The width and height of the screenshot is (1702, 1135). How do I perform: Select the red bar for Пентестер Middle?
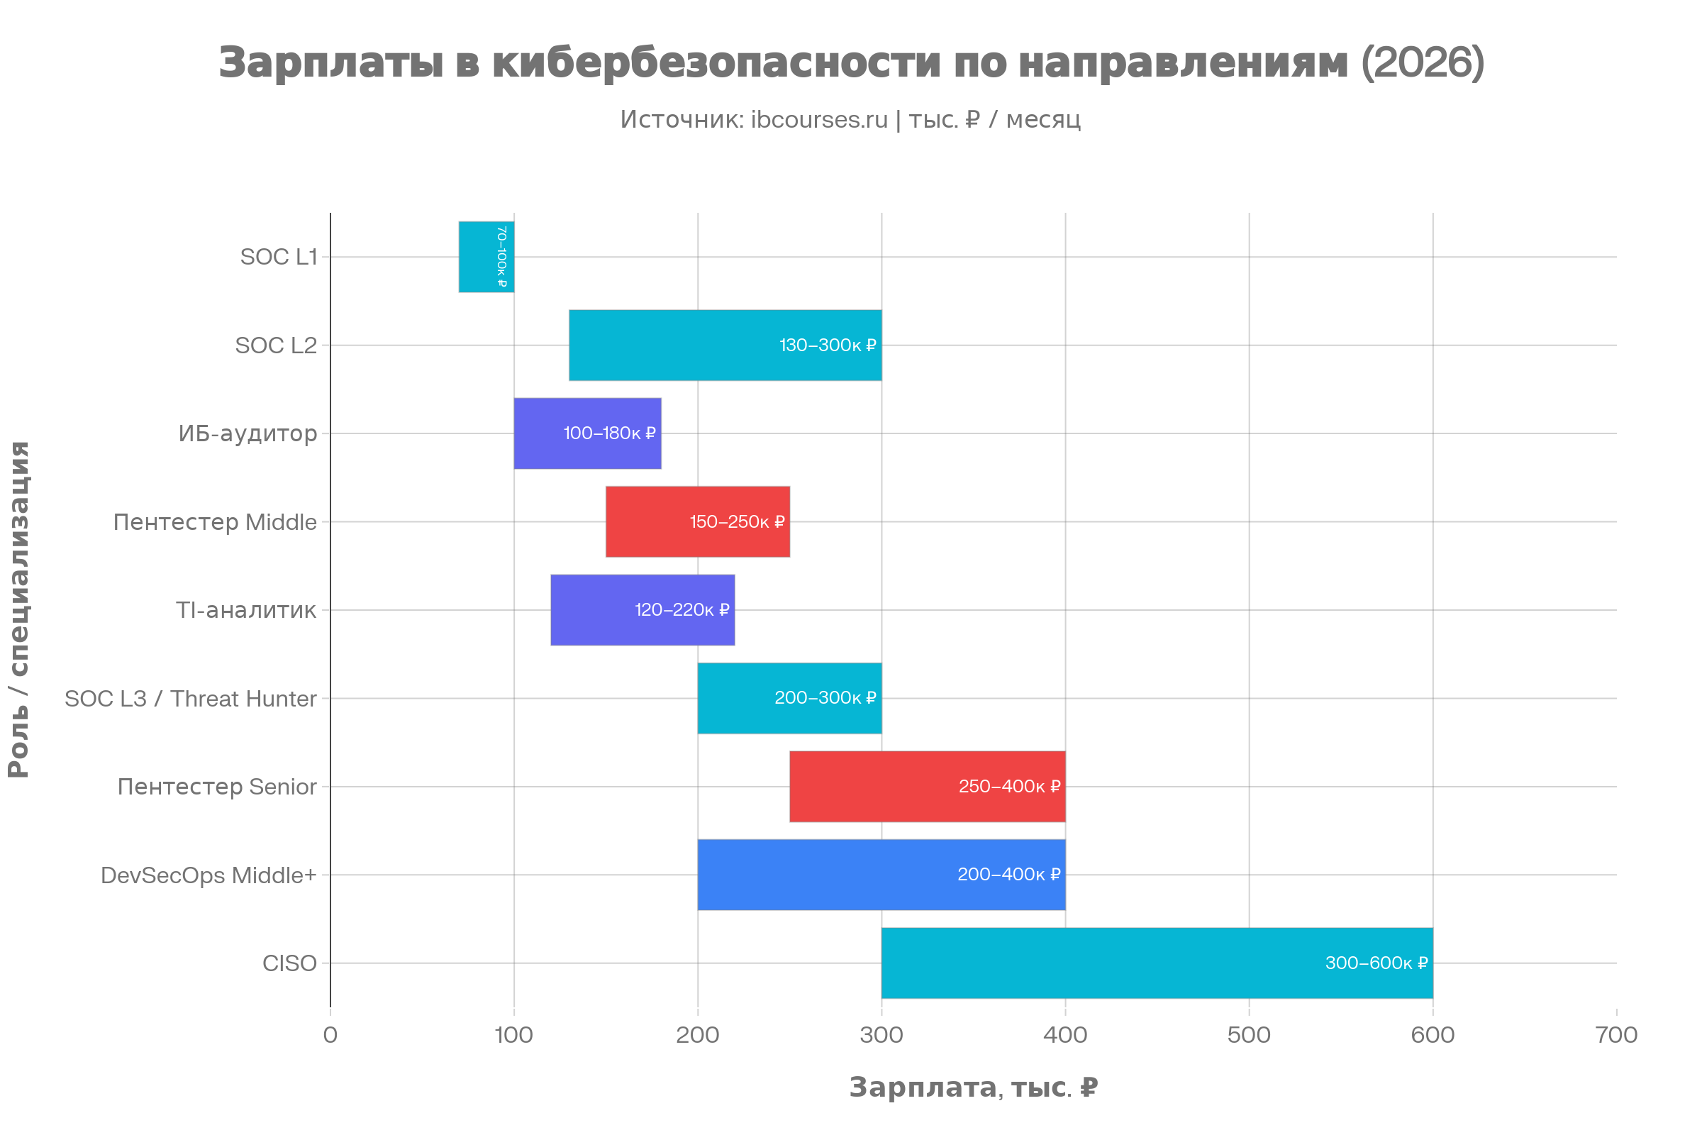click(x=651, y=521)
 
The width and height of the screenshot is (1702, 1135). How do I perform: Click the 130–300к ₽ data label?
click(x=827, y=345)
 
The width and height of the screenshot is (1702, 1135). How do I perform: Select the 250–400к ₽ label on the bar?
click(x=1009, y=786)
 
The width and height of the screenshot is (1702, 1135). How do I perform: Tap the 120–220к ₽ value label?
click(x=682, y=609)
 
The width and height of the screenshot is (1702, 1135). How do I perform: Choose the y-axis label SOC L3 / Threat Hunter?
click(x=190, y=699)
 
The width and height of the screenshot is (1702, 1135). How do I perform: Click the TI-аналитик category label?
click(x=246, y=610)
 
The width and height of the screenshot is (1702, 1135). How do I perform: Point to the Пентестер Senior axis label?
click(x=217, y=787)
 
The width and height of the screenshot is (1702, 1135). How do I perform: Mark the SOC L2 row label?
click(x=276, y=345)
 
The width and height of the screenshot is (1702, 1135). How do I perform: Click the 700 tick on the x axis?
click(x=1617, y=1035)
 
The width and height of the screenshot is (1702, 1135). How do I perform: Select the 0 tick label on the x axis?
click(x=330, y=1035)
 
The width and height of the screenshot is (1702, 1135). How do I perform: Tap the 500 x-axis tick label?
click(x=1249, y=1035)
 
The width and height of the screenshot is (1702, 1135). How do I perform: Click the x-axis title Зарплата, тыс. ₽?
click(x=973, y=1087)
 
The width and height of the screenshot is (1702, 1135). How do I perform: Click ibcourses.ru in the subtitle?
click(x=819, y=119)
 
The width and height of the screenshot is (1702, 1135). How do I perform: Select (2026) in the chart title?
click(x=1422, y=62)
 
